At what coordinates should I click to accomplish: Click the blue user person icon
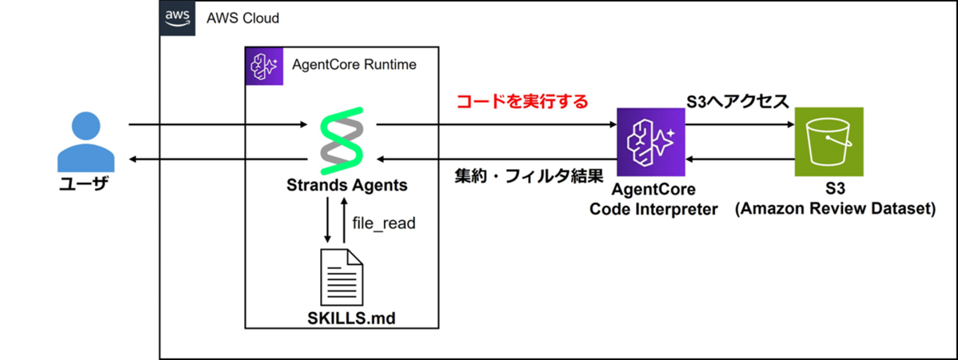[x=86, y=142]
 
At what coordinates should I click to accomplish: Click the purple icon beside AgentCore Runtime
[x=264, y=66]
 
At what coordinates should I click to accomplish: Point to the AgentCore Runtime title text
[x=355, y=65]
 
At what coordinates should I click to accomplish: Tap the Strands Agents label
[x=347, y=185]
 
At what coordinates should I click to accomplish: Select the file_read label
[x=384, y=223]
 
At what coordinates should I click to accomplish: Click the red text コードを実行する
[x=522, y=102]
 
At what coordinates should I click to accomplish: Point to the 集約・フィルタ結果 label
[x=529, y=177]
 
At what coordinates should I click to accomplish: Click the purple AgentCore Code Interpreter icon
[x=651, y=142]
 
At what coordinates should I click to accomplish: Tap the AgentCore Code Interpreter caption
[x=655, y=200]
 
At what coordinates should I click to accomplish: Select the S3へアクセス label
[x=738, y=102]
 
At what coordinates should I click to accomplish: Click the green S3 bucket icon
[x=829, y=142]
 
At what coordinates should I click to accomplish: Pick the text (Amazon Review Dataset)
[x=836, y=209]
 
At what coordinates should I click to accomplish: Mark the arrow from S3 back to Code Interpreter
[x=740, y=160]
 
